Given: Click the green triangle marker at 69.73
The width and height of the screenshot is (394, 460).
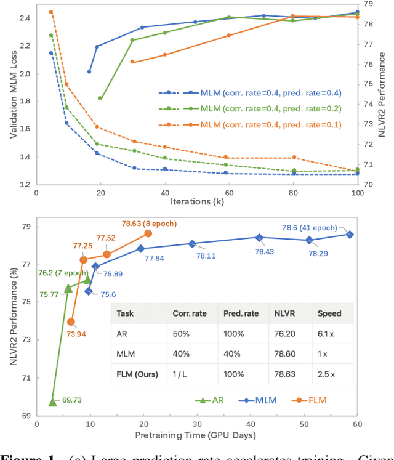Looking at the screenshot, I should (52, 402).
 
